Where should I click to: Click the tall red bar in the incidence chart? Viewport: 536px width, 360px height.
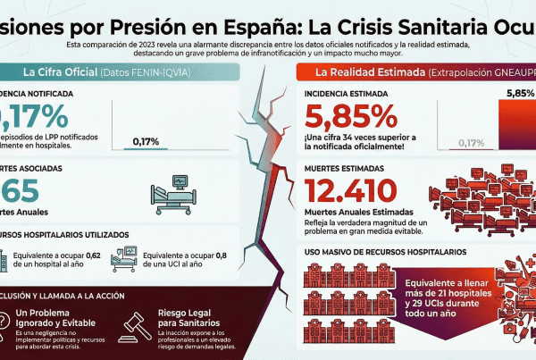click(x=515, y=125)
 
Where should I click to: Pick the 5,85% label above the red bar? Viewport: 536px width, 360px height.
click(x=520, y=92)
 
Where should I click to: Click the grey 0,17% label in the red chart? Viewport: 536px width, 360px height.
click(x=471, y=141)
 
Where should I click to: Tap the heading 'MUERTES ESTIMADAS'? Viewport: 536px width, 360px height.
click(x=340, y=167)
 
